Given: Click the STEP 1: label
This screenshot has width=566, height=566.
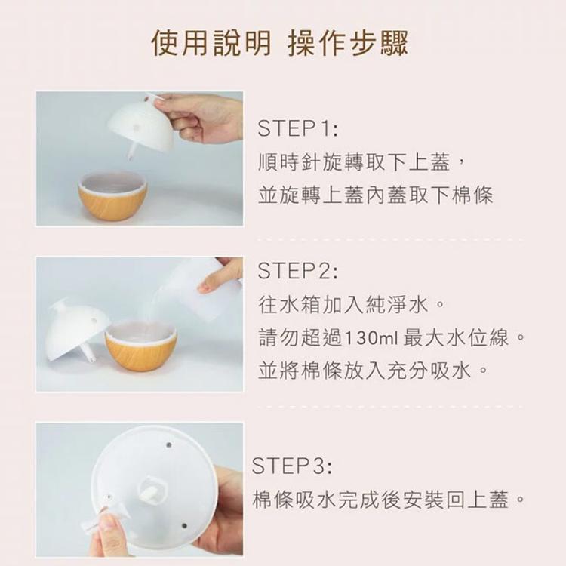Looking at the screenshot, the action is pyautogui.click(x=298, y=128).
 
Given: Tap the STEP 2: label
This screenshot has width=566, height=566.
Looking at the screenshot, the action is pyautogui.click(x=298, y=271).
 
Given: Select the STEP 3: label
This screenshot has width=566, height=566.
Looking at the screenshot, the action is pyautogui.click(x=291, y=466).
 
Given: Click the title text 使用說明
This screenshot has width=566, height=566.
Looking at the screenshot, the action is pyautogui.click(x=211, y=43).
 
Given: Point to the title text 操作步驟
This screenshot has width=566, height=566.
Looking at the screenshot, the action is pyautogui.click(x=348, y=43).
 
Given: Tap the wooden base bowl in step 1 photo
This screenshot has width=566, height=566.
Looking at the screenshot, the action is pyautogui.click(x=112, y=195).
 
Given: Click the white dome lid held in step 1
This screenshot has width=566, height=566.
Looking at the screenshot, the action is pyautogui.click(x=141, y=125).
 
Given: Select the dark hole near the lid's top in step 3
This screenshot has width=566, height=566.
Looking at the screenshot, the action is pyautogui.click(x=168, y=444).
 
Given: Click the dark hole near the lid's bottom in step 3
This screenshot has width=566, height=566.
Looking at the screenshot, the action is pyautogui.click(x=184, y=525).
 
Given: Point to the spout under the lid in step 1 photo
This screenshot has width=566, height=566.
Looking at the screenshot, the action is pyautogui.click(x=132, y=151).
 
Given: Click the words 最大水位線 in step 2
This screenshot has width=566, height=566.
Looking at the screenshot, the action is pyautogui.click(x=457, y=338).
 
